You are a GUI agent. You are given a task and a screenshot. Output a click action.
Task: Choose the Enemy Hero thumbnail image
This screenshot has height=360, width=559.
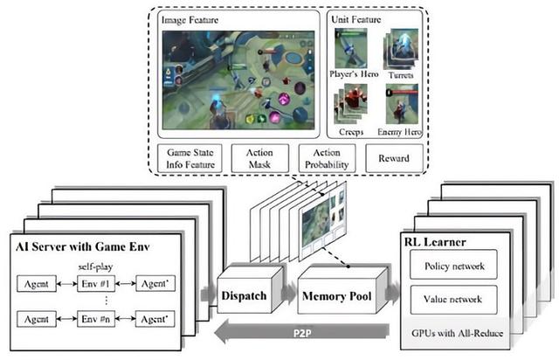pos(402,103)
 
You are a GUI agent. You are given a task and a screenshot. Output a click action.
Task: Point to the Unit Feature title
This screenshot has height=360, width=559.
pos(356,18)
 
